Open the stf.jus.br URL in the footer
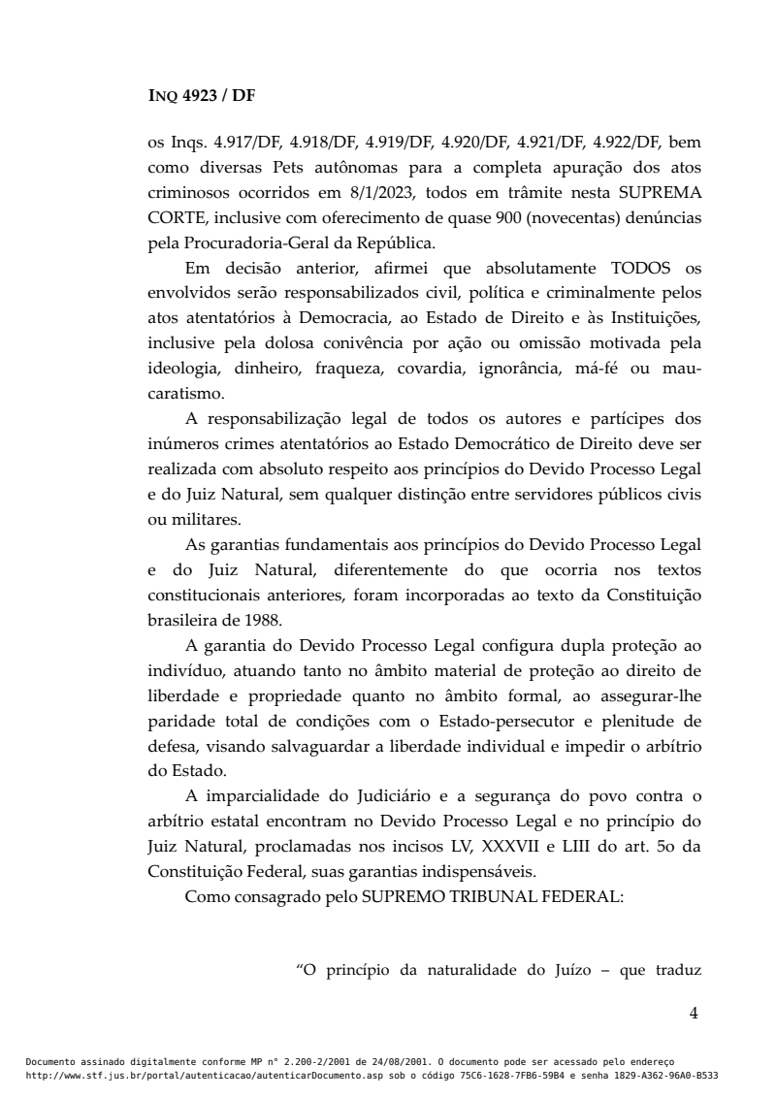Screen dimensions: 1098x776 (x=208, y=1076)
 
